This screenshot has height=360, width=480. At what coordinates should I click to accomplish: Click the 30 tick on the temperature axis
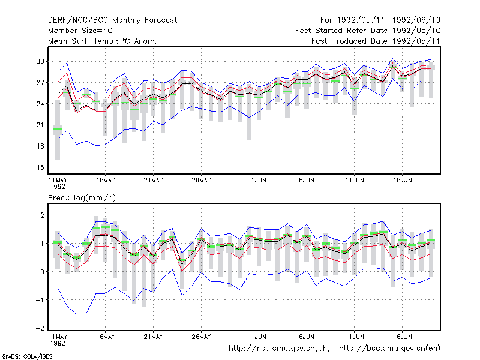(40, 61)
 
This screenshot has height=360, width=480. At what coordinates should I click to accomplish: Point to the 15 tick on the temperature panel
(40, 167)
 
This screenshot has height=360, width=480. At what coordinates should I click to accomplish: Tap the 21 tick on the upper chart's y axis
(40, 125)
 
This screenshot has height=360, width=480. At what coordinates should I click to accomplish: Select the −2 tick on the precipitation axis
(40, 328)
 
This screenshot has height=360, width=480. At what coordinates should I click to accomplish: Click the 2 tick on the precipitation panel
(42, 215)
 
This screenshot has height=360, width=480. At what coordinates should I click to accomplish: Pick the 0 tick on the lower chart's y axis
(42, 272)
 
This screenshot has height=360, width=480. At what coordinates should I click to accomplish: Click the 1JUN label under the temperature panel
(259, 181)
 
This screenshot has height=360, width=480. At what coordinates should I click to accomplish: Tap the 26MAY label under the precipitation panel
(201, 337)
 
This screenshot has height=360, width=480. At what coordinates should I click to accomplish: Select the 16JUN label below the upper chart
(402, 181)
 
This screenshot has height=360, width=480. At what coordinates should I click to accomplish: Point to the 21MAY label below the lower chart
(154, 337)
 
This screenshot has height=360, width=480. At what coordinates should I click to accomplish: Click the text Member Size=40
(80, 31)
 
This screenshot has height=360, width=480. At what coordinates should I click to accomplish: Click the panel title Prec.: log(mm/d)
(82, 198)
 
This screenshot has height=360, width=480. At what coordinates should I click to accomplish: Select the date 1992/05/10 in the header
(416, 31)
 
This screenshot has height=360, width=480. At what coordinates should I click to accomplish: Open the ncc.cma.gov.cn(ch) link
(279, 348)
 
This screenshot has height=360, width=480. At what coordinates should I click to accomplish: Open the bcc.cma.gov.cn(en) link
(389, 348)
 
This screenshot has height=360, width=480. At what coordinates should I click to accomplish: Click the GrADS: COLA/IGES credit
(27, 356)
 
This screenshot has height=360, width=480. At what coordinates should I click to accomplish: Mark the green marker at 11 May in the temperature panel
(58, 129)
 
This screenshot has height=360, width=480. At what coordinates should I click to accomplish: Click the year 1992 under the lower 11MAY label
(58, 343)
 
